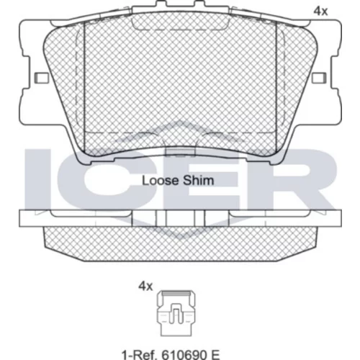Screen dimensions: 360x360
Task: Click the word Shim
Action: click(199, 181)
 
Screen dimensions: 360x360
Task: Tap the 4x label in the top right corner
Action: click(320, 12)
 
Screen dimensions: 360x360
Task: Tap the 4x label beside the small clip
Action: click(145, 286)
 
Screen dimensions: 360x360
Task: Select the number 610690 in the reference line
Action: click(184, 354)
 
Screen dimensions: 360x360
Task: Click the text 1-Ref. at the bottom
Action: click(140, 354)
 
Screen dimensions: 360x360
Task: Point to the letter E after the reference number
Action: click(215, 354)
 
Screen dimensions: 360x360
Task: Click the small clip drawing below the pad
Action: click(176, 313)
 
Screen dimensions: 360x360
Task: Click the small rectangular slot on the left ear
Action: click(42, 78)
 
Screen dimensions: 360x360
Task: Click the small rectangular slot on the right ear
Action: click(319, 78)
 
